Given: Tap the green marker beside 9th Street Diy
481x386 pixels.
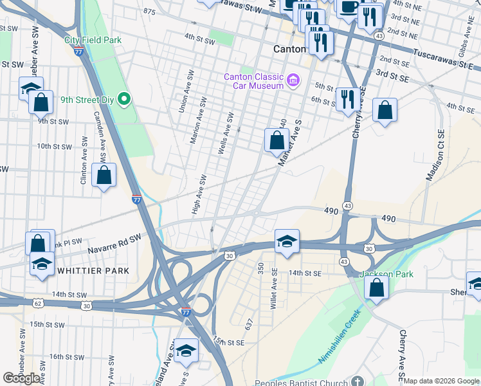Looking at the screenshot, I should (125, 100).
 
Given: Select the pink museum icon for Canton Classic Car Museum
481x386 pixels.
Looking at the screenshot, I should (293, 80).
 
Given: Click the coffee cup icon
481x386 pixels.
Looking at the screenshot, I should (349, 7).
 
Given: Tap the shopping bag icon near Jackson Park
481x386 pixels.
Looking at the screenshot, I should (377, 288).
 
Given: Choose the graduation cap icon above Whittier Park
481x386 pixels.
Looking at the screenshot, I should (42, 264).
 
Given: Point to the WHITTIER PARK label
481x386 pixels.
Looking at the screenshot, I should (93, 271).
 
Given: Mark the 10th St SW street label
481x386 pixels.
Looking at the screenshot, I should (53, 146).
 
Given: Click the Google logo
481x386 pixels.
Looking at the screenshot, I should (22, 378).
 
